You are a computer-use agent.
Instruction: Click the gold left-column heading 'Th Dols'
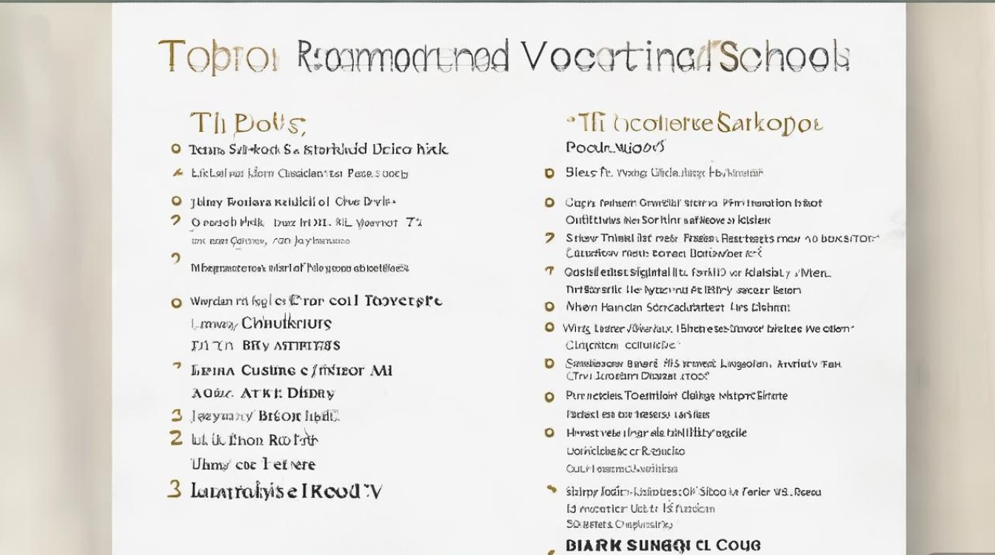click(x=247, y=124)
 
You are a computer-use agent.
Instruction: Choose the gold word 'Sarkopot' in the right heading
click(x=769, y=124)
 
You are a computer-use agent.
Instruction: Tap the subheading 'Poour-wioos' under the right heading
click(x=615, y=147)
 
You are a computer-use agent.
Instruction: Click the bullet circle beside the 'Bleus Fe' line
click(x=549, y=173)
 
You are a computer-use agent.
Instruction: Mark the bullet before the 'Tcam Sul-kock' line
click(x=176, y=149)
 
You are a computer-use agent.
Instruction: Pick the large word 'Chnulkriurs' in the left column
click(x=286, y=323)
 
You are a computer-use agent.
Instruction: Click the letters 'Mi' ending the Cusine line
click(x=380, y=371)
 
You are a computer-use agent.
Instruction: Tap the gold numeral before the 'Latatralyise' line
click(x=175, y=489)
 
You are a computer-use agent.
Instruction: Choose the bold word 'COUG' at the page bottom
click(x=737, y=546)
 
